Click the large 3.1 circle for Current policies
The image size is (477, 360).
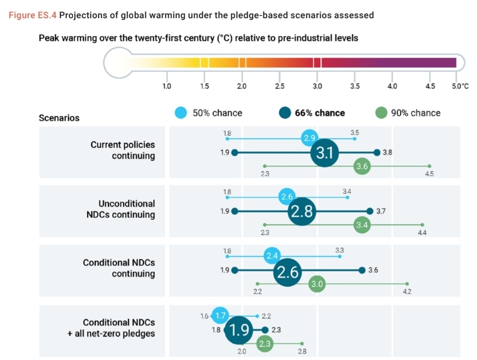pos(325,153)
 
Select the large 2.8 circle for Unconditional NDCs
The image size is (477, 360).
pos(302,211)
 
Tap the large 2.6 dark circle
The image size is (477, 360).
pos(287,271)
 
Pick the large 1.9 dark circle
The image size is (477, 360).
pos(239,330)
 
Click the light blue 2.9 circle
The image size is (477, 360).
pos(309,138)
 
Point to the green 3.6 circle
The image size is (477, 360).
pos(362,166)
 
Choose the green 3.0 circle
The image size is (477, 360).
pos(317,284)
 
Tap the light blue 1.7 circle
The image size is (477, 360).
pos(220,316)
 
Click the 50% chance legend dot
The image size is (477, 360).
pos(181,113)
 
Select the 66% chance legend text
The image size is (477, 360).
pos(320,113)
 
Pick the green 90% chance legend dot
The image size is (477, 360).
pos(381,113)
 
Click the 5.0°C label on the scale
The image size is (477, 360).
pos(460,86)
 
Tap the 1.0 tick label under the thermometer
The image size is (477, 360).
pos(167,86)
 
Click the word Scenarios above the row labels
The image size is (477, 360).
pos(59,118)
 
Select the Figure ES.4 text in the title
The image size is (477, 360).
pos(33,15)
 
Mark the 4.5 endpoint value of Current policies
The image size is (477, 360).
pos(429,174)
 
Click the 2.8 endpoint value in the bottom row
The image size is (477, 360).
pos(302,352)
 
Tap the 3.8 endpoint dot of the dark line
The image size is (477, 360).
pos(377,153)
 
